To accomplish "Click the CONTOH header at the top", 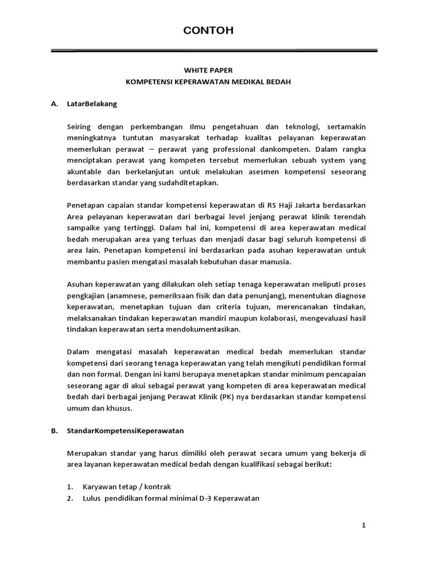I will point(208,31).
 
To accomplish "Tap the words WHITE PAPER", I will point(208,70).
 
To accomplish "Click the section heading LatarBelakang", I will point(92,103).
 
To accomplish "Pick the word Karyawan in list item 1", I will point(98,487).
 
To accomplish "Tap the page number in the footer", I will point(363,526).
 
